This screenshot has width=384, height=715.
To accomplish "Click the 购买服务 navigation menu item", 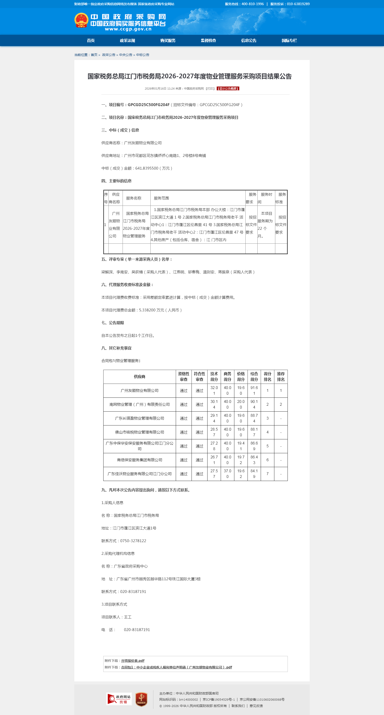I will click(168, 40).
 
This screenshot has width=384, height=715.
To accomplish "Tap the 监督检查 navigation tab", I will click(208, 40).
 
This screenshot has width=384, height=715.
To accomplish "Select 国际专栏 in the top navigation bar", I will click(289, 40).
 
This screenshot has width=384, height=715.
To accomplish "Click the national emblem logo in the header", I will click(81, 20).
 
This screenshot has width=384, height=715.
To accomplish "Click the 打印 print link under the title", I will click(210, 88).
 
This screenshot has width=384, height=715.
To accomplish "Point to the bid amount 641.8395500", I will click(147, 168).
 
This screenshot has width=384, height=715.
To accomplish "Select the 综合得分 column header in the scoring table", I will click(254, 377).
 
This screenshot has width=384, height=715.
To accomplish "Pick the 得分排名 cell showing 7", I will click(267, 474).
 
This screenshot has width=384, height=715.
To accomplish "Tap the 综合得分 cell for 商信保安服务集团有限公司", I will click(254, 460).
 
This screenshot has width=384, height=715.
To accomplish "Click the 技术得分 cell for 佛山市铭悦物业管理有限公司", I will click(214, 432).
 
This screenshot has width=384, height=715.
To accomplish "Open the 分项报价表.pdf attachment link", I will click(133, 661).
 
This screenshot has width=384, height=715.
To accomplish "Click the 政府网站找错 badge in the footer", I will click(119, 699).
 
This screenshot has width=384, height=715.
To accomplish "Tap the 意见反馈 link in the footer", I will click(256, 706).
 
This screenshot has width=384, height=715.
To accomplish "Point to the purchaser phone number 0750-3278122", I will click(133, 541).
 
